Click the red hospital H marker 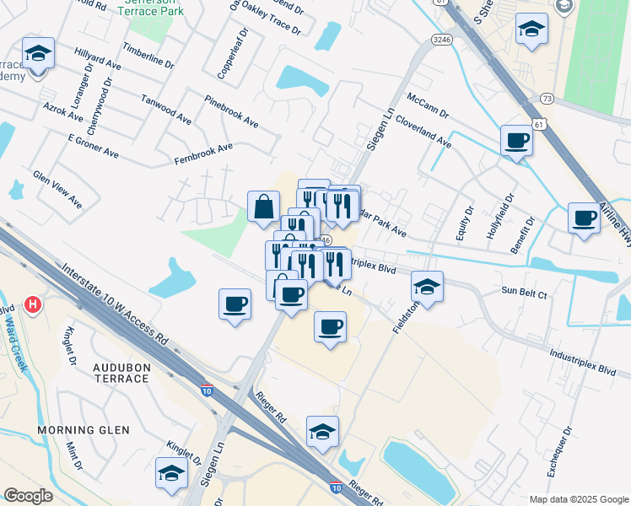point(33,304)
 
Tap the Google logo point(28,496)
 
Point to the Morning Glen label point(84,430)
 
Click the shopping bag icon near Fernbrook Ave point(263,206)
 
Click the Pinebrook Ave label point(231,110)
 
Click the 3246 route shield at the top point(440,40)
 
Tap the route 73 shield point(547,99)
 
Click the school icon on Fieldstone point(428,287)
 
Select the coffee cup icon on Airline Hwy point(584,218)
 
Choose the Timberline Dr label point(148,56)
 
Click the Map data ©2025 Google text point(578,498)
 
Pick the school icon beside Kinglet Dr point(171,473)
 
